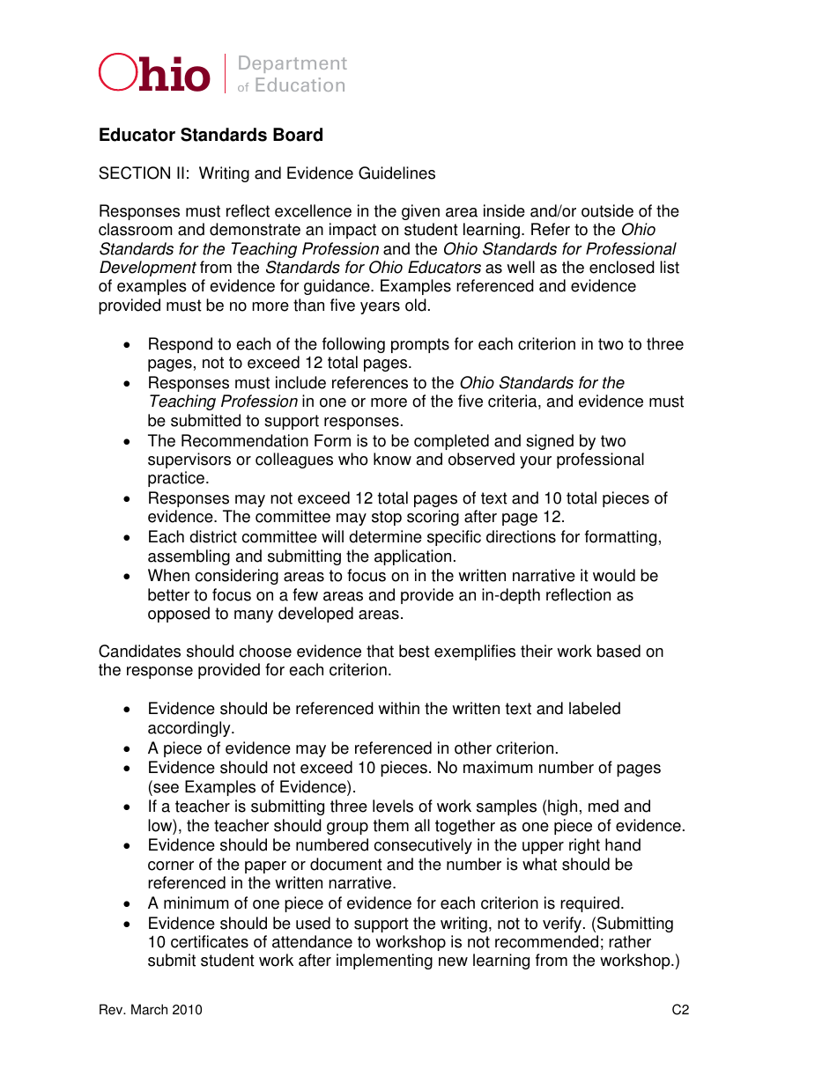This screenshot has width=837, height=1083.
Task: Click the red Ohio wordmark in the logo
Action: [x=155, y=74]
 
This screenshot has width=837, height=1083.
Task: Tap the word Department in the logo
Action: [x=293, y=63]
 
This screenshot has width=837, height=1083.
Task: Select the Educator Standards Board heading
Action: [x=211, y=135]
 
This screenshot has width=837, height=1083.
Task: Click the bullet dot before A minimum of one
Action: [x=129, y=904]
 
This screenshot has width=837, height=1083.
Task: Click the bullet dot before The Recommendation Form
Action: [x=129, y=441]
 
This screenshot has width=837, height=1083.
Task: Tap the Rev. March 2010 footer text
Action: [x=151, y=1010]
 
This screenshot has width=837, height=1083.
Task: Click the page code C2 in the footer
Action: [x=680, y=1010]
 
